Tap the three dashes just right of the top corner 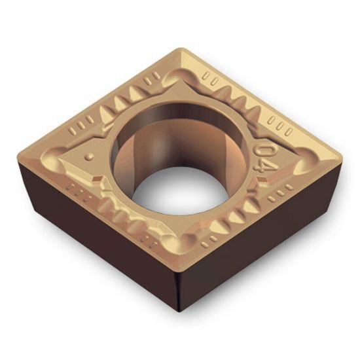tap(209, 77)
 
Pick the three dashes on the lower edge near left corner tap(77, 192)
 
